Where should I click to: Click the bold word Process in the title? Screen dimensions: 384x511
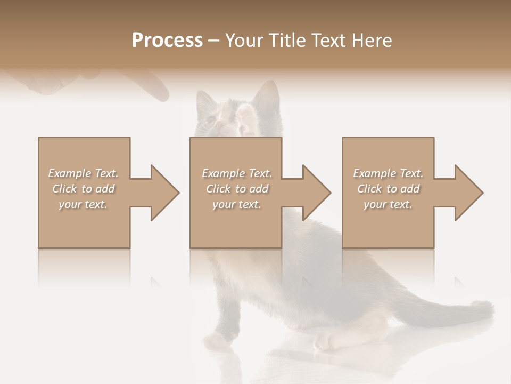pos(167,41)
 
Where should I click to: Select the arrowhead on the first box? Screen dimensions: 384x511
pos(162,193)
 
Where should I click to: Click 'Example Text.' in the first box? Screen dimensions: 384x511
pos(83,173)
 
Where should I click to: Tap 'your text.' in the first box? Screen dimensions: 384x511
pos(83,204)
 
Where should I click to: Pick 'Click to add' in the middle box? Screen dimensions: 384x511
pos(237,189)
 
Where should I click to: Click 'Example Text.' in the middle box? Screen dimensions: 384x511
pos(237,173)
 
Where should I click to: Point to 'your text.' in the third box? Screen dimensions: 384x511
pos(388,204)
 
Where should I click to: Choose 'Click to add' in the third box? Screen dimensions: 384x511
pos(388,189)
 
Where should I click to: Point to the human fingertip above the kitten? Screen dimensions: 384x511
pos(160,95)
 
